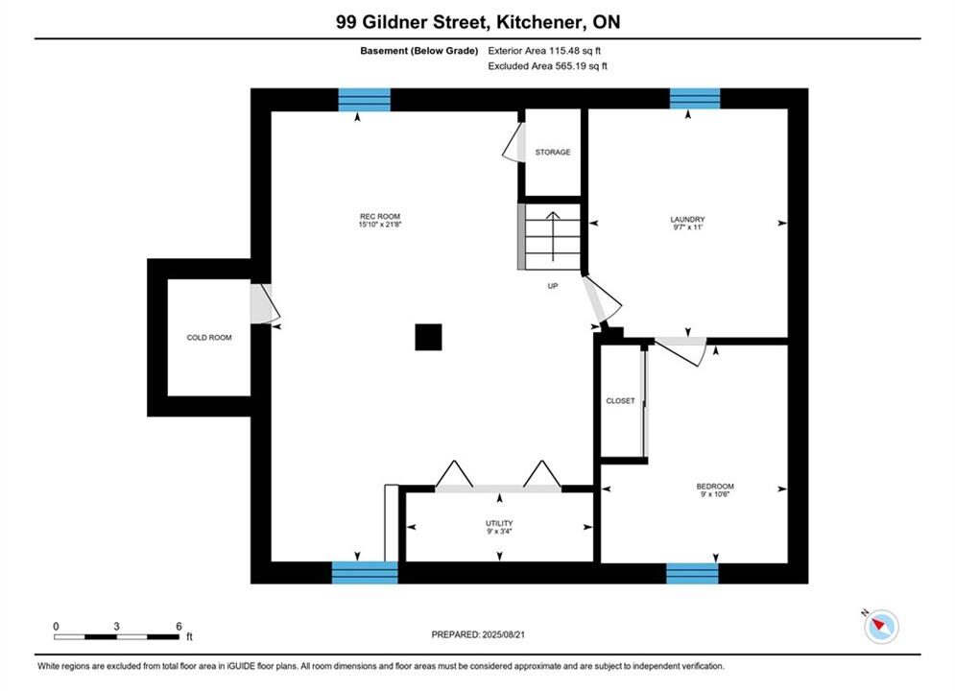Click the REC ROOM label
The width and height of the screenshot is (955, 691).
379,216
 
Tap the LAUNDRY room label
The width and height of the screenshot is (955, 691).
687,219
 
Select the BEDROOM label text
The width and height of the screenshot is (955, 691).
715,487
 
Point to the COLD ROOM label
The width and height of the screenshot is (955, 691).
209,337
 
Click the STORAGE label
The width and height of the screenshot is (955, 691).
553,153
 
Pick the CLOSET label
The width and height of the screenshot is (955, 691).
620,400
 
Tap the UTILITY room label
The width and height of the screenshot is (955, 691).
499,524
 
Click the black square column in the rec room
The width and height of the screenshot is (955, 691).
428,337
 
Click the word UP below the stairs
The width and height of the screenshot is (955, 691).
553,286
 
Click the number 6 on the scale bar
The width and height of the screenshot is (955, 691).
179,626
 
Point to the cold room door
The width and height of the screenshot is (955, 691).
265,303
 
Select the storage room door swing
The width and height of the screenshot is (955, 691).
513,142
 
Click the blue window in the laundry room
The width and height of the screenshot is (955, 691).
695,99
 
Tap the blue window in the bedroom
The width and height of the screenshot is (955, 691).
692,574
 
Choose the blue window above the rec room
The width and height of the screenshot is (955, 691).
364,100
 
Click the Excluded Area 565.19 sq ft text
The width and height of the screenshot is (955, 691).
547,66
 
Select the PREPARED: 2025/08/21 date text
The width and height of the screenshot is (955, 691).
478,634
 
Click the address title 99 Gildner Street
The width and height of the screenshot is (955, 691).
413,22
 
